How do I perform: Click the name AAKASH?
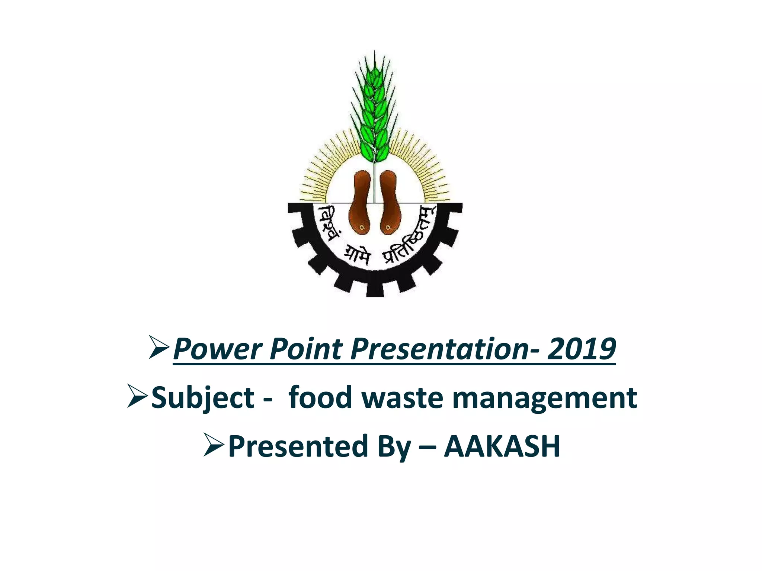click(502, 446)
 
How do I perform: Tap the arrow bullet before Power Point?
click(159, 347)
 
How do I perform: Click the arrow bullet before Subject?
click(138, 396)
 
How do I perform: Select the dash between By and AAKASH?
click(428, 447)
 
